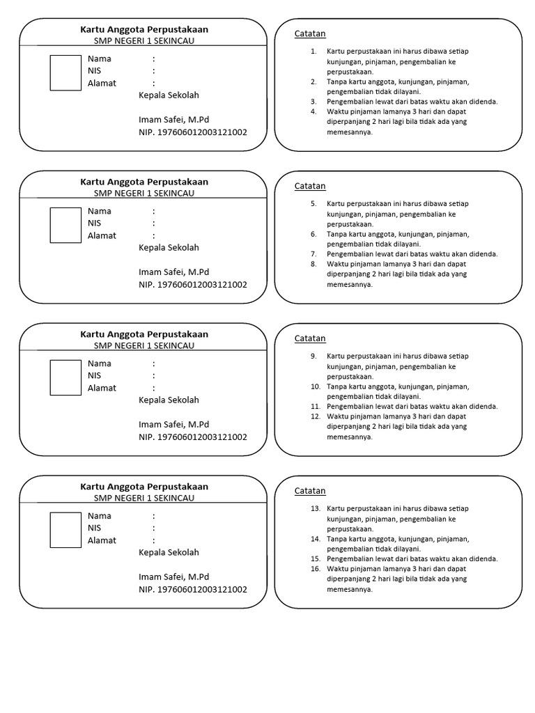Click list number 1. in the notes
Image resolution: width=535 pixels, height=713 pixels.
coord(313,52)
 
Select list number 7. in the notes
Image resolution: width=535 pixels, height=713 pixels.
coord(313,254)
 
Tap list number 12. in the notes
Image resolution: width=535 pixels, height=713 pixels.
coord(315,416)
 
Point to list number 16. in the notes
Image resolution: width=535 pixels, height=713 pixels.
coord(315,569)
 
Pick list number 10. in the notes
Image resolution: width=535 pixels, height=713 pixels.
coord(315,386)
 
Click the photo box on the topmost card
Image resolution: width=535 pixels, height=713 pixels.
coord(65,72)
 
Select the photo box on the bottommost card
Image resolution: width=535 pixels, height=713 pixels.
coord(65,530)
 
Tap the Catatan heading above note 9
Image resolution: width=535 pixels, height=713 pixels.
coord(310,338)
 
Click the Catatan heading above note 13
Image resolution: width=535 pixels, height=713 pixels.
coord(310,491)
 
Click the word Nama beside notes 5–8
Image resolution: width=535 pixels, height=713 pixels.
coord(100,211)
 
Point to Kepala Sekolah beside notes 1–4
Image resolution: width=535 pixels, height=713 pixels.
coord(169,95)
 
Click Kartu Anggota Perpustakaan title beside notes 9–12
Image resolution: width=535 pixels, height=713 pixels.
coord(144,334)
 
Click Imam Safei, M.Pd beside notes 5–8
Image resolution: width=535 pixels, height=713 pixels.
coord(173,272)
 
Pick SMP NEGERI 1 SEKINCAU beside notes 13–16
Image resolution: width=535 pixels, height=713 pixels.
coord(144,498)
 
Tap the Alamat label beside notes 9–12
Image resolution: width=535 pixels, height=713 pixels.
coord(102,388)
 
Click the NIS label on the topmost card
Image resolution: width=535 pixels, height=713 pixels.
coord(94,71)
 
